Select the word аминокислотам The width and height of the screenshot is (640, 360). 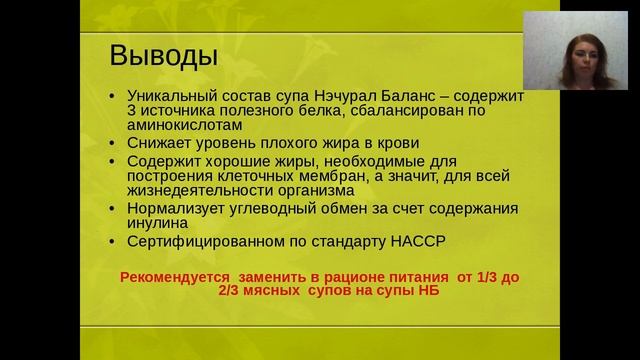point(184,126)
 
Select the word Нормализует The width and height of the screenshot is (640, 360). point(176,208)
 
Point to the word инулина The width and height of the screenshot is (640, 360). point(153,223)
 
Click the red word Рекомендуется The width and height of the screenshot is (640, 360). point(170,276)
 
